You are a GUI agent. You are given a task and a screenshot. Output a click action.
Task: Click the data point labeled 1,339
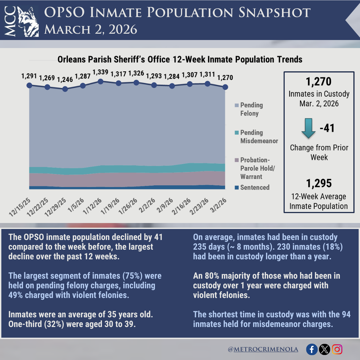point(101,81)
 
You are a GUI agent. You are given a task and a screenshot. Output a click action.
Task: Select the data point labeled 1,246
point(65,89)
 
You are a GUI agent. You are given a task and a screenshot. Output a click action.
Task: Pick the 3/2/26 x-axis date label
point(218,205)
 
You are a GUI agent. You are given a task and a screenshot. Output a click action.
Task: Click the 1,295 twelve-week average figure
point(319,183)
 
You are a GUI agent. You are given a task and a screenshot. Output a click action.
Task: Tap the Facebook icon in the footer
point(312,349)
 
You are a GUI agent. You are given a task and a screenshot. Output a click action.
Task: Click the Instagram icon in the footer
point(337,349)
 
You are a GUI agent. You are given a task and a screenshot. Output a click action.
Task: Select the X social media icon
point(324,349)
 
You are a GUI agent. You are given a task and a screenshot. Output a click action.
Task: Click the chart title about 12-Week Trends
point(180,59)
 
